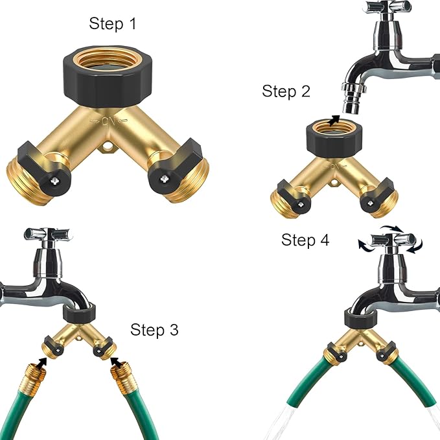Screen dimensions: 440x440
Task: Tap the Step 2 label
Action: pos(286,91)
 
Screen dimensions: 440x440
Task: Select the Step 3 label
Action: pos(154,329)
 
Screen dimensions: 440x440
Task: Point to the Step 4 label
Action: pos(305,240)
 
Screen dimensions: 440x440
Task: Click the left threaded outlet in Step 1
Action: pos(25,178)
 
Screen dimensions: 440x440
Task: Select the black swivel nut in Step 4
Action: pos(364,317)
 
